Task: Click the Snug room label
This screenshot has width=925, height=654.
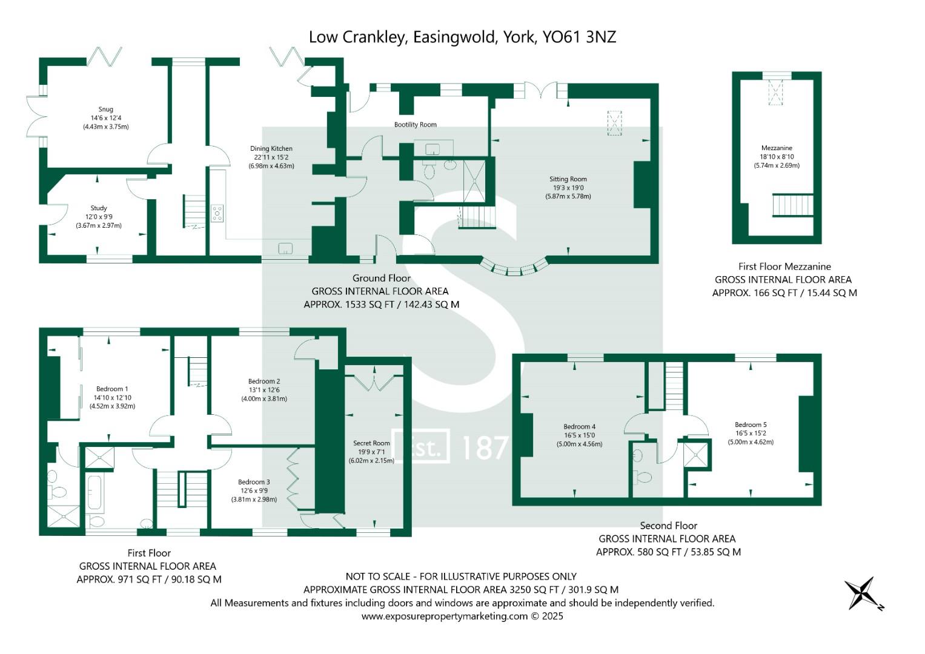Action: coord(106,110)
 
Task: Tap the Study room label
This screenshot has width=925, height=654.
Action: coord(99,208)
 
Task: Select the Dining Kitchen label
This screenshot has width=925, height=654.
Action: coord(271,148)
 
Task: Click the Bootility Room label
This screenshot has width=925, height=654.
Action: coord(415,125)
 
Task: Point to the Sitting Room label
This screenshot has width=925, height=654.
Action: coord(568,179)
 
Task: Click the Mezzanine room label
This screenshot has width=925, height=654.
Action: coord(777,148)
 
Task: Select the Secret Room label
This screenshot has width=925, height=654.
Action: coord(371,443)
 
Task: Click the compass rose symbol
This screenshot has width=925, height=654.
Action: coord(860,593)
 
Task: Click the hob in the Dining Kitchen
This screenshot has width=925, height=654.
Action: coord(217,213)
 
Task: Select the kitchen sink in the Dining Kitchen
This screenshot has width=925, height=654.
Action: coord(285,248)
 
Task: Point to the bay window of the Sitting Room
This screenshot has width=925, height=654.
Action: coord(514,268)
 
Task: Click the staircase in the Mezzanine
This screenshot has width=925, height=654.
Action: coord(792,205)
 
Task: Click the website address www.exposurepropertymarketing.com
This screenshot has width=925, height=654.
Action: coord(445,616)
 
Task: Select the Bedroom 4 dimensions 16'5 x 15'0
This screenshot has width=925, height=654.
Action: coord(579,435)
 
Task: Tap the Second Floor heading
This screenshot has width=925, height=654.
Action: coord(668,526)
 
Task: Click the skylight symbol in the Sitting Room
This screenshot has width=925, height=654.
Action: coord(615,124)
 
